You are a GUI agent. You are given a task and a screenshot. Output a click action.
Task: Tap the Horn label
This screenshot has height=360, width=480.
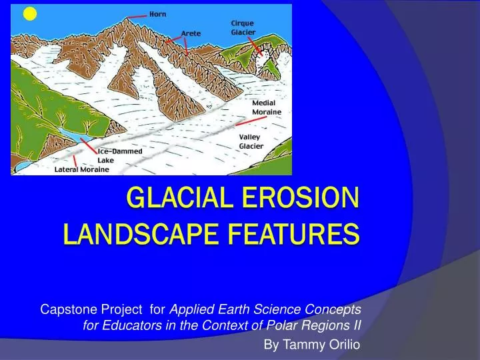pyautogui.click(x=159, y=14)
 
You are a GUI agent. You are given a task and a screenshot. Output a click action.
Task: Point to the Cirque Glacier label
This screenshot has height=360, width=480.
pyautogui.click(x=243, y=27)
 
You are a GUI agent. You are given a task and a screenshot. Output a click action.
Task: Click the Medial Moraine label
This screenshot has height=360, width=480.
pyautogui.click(x=267, y=107)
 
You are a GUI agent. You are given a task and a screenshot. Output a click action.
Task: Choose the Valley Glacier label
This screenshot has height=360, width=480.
pyautogui.click(x=251, y=141)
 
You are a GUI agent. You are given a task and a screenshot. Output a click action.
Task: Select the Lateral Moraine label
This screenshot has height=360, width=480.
pyautogui.click(x=81, y=169)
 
